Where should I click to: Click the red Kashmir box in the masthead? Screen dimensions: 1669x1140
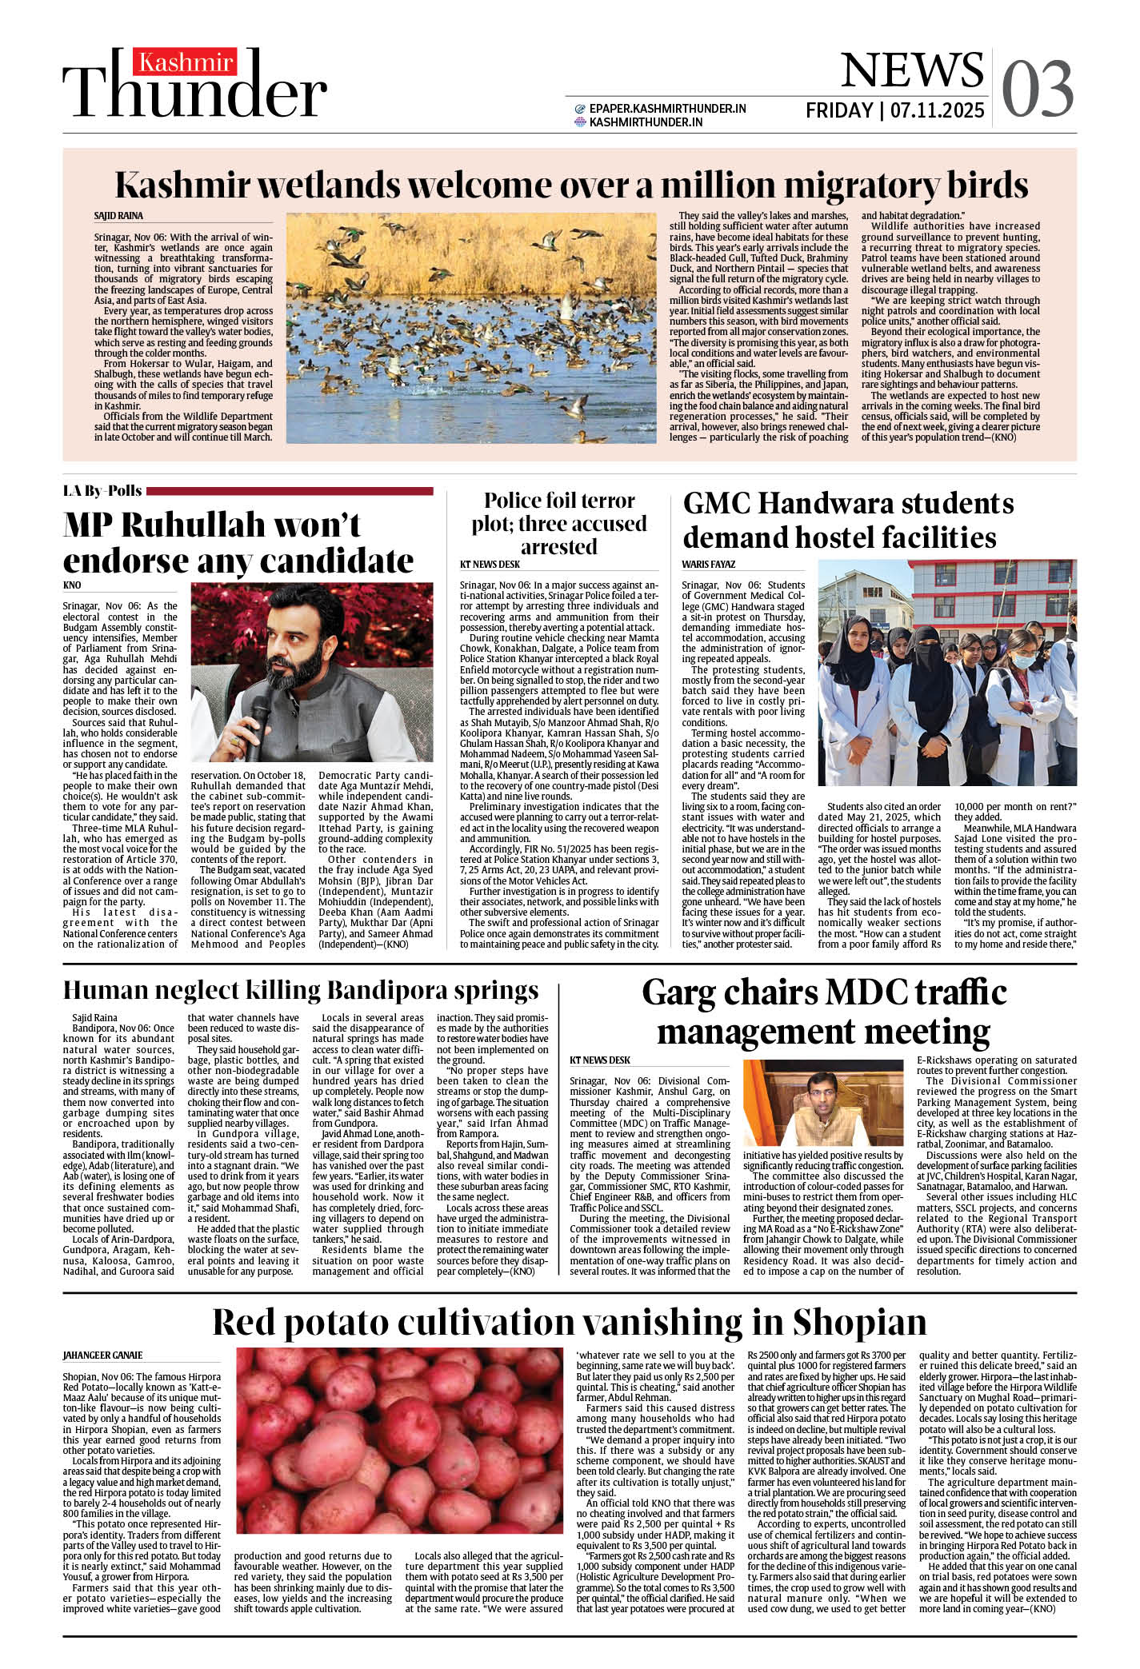[x=185, y=62]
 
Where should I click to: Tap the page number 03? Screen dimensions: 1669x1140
[x=1037, y=89]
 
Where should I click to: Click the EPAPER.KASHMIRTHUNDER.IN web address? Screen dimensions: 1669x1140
[x=667, y=109]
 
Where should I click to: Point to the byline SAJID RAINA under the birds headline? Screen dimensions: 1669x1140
[x=118, y=216]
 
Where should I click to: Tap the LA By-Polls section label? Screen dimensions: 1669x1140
[x=102, y=491]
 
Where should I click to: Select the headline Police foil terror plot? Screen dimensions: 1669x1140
[x=558, y=523]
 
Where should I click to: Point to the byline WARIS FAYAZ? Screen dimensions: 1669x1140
[x=708, y=565]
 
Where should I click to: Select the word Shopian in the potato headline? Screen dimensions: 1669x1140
[x=859, y=1322]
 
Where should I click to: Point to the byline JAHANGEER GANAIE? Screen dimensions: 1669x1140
[x=102, y=1355]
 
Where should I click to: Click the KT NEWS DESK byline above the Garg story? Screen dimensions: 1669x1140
[x=600, y=1060]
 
